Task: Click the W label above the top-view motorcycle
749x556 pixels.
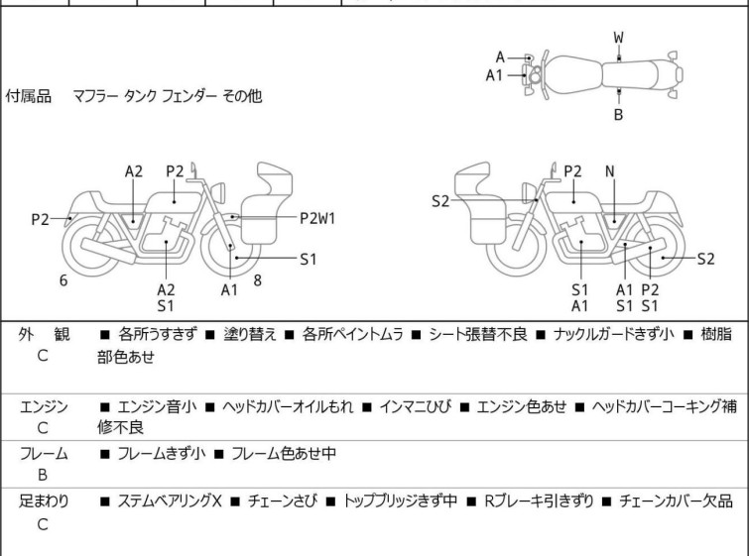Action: click(618, 38)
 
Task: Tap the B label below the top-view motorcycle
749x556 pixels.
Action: click(618, 115)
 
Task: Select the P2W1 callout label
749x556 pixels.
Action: click(317, 218)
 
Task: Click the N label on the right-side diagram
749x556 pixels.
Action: click(609, 171)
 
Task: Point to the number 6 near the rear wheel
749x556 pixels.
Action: click(63, 280)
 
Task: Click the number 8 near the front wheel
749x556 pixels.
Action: click(258, 280)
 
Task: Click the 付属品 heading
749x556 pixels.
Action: click(28, 96)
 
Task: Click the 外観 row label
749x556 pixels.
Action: click(44, 334)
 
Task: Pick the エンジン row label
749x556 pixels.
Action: click(44, 406)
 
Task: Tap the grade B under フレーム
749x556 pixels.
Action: click(43, 475)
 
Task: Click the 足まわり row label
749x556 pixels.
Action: click(44, 500)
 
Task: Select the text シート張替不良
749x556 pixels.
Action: click(478, 334)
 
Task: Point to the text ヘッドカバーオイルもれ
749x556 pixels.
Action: click(288, 406)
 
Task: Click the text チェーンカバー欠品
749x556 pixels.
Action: click(676, 500)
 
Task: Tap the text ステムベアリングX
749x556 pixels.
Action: click(170, 500)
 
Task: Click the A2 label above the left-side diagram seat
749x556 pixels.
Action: click(133, 171)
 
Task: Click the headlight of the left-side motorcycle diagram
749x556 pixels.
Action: click(218, 192)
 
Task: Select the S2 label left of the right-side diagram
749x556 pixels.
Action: click(439, 201)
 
